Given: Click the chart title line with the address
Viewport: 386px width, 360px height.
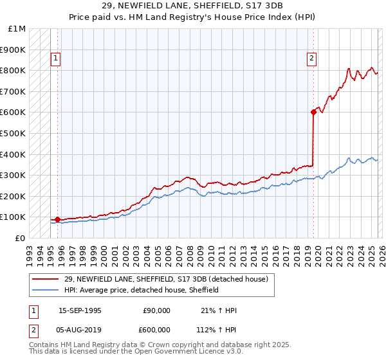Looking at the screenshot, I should tap(192, 4).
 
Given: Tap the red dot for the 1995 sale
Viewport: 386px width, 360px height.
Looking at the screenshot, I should tap(58, 219).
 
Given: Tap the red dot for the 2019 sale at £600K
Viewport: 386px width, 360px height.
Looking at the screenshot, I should tap(313, 112).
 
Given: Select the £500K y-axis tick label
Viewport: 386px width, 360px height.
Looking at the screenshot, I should tap(13, 133).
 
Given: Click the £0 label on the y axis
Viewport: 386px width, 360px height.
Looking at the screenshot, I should tap(21, 238).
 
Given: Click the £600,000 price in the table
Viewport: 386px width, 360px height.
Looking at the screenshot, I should tap(157, 329).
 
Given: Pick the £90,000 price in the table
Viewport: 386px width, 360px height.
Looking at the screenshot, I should tap(157, 310).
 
